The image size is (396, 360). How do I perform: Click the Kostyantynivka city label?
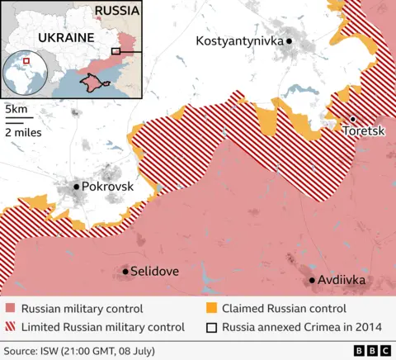coord(238,40)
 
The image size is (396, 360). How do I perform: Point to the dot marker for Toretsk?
coord(352,120)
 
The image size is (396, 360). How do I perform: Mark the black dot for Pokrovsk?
coord(76,187)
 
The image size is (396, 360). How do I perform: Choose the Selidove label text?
coord(156,271)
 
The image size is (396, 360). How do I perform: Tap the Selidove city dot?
coord(125,271)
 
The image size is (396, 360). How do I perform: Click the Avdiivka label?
coord(342,281)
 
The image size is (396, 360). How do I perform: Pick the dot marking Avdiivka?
coord(312,281)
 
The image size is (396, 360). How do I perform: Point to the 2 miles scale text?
coord(23,131)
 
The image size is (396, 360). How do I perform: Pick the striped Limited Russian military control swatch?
coord(10,326)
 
